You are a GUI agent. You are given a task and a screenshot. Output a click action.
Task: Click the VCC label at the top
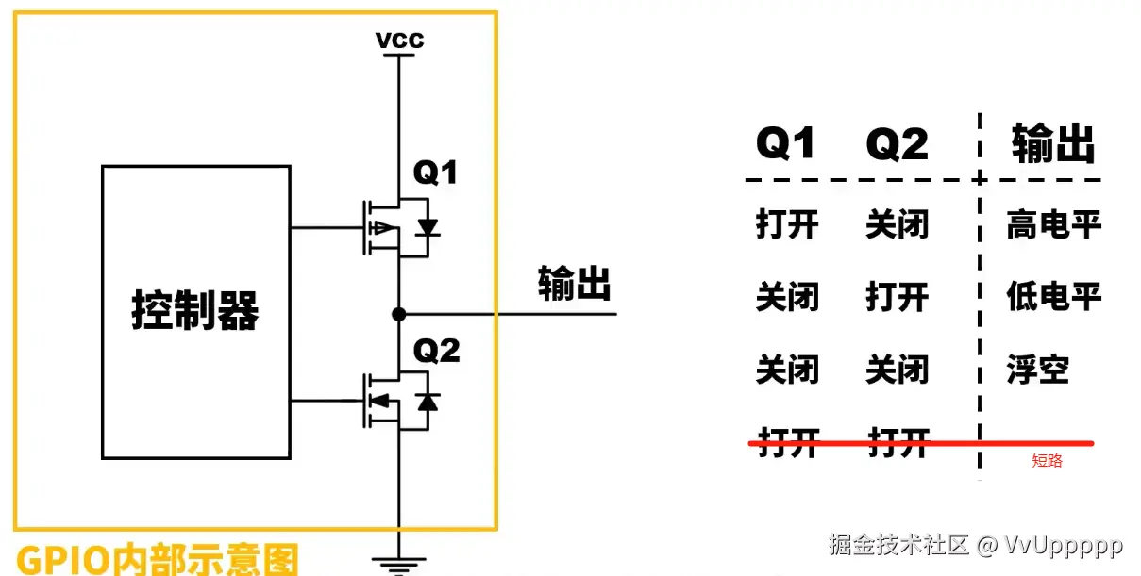click(x=399, y=41)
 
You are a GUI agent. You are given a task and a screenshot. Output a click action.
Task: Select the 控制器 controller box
click(x=195, y=311)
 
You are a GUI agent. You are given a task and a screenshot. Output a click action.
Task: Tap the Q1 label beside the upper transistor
click(x=435, y=173)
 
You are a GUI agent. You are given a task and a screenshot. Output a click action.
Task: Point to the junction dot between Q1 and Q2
click(x=399, y=314)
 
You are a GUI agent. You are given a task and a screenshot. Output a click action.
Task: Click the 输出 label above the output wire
click(x=575, y=282)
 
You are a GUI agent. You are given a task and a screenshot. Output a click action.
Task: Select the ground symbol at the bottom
click(x=399, y=563)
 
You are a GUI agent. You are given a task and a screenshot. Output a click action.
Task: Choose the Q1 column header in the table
click(x=786, y=145)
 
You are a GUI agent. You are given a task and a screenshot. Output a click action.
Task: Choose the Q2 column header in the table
click(x=897, y=145)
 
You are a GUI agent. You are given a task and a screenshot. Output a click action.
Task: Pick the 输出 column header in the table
click(x=1053, y=145)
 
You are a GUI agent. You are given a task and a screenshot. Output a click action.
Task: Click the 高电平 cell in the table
click(x=1053, y=225)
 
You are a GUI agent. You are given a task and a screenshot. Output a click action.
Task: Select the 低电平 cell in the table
click(x=1053, y=297)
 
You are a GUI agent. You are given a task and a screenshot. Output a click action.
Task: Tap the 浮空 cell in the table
click(x=1037, y=370)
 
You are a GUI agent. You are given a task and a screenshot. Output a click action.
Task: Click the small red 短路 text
click(x=1047, y=461)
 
